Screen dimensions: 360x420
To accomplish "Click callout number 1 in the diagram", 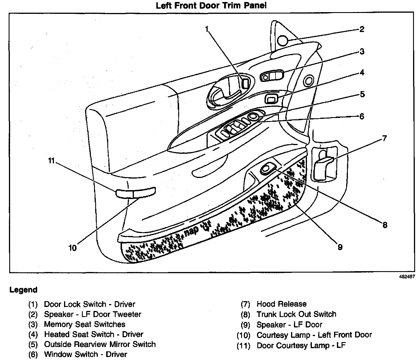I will (x=207, y=29).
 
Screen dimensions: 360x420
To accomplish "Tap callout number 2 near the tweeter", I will (x=362, y=29).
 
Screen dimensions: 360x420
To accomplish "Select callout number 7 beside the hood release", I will (x=384, y=138).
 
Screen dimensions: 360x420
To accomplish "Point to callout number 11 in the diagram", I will (x=51, y=160).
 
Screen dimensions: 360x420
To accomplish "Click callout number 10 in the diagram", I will (x=73, y=247).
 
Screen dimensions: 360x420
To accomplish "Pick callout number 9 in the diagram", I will (x=340, y=247).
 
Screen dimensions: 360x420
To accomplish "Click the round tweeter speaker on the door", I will (x=283, y=40).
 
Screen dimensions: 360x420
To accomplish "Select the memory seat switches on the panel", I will (x=272, y=76).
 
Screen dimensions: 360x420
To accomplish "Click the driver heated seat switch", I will (x=271, y=100).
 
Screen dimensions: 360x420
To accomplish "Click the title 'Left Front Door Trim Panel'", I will (x=211, y=5).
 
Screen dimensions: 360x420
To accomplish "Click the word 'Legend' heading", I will (x=23, y=290).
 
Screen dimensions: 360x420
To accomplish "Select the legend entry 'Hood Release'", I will (x=282, y=304).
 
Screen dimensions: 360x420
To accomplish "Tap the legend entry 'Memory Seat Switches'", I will (x=85, y=324).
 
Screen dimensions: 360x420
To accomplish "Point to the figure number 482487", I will (x=407, y=276).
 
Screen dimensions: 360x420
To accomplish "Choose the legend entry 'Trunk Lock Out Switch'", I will (x=297, y=314).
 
